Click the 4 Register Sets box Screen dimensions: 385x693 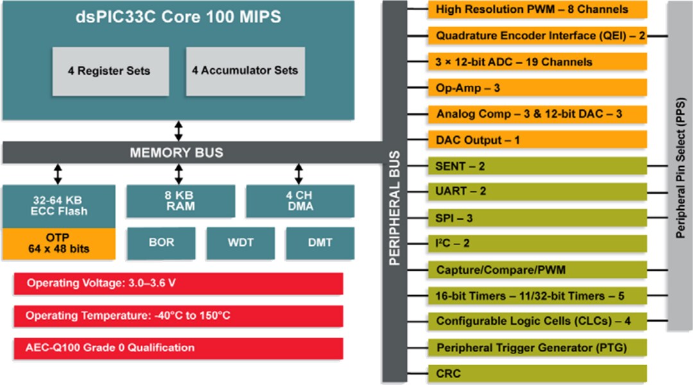point(110,71)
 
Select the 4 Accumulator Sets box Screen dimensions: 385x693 point(244,71)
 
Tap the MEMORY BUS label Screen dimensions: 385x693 point(176,153)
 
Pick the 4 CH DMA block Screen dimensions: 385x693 point(300,201)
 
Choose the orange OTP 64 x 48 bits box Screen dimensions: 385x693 point(58,243)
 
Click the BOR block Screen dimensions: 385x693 point(161,243)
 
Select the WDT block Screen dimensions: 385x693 point(241,243)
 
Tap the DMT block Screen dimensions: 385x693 point(320,243)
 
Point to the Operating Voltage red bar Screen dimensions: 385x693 point(178,283)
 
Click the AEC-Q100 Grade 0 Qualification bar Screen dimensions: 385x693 point(178,348)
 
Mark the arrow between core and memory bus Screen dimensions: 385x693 point(178,130)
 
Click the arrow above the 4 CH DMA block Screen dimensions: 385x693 point(299,174)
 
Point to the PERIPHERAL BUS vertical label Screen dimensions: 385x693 point(395,209)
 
